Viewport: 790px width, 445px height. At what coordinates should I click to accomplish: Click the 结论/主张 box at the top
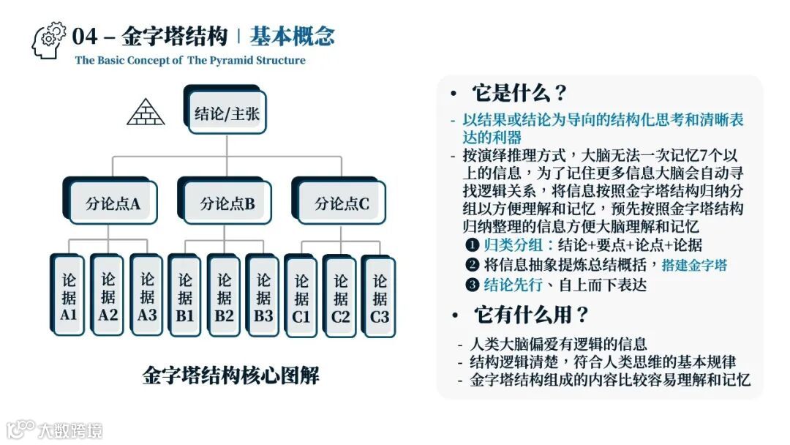pyautogui.click(x=227, y=113)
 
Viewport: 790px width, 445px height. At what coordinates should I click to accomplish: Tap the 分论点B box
pyautogui.click(x=227, y=203)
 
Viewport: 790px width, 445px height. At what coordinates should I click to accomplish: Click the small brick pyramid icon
pyautogui.click(x=146, y=111)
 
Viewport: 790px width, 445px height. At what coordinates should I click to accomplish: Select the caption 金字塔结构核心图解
pyautogui.click(x=230, y=376)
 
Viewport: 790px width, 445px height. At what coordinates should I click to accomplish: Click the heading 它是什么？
pyautogui.click(x=520, y=94)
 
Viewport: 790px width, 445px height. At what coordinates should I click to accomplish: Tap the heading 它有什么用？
pyautogui.click(x=531, y=315)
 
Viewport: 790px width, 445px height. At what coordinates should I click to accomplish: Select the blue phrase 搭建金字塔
pyautogui.click(x=694, y=265)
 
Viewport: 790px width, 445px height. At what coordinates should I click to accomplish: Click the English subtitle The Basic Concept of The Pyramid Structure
pyautogui.click(x=190, y=61)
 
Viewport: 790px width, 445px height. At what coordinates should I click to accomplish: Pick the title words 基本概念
pyautogui.click(x=292, y=36)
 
